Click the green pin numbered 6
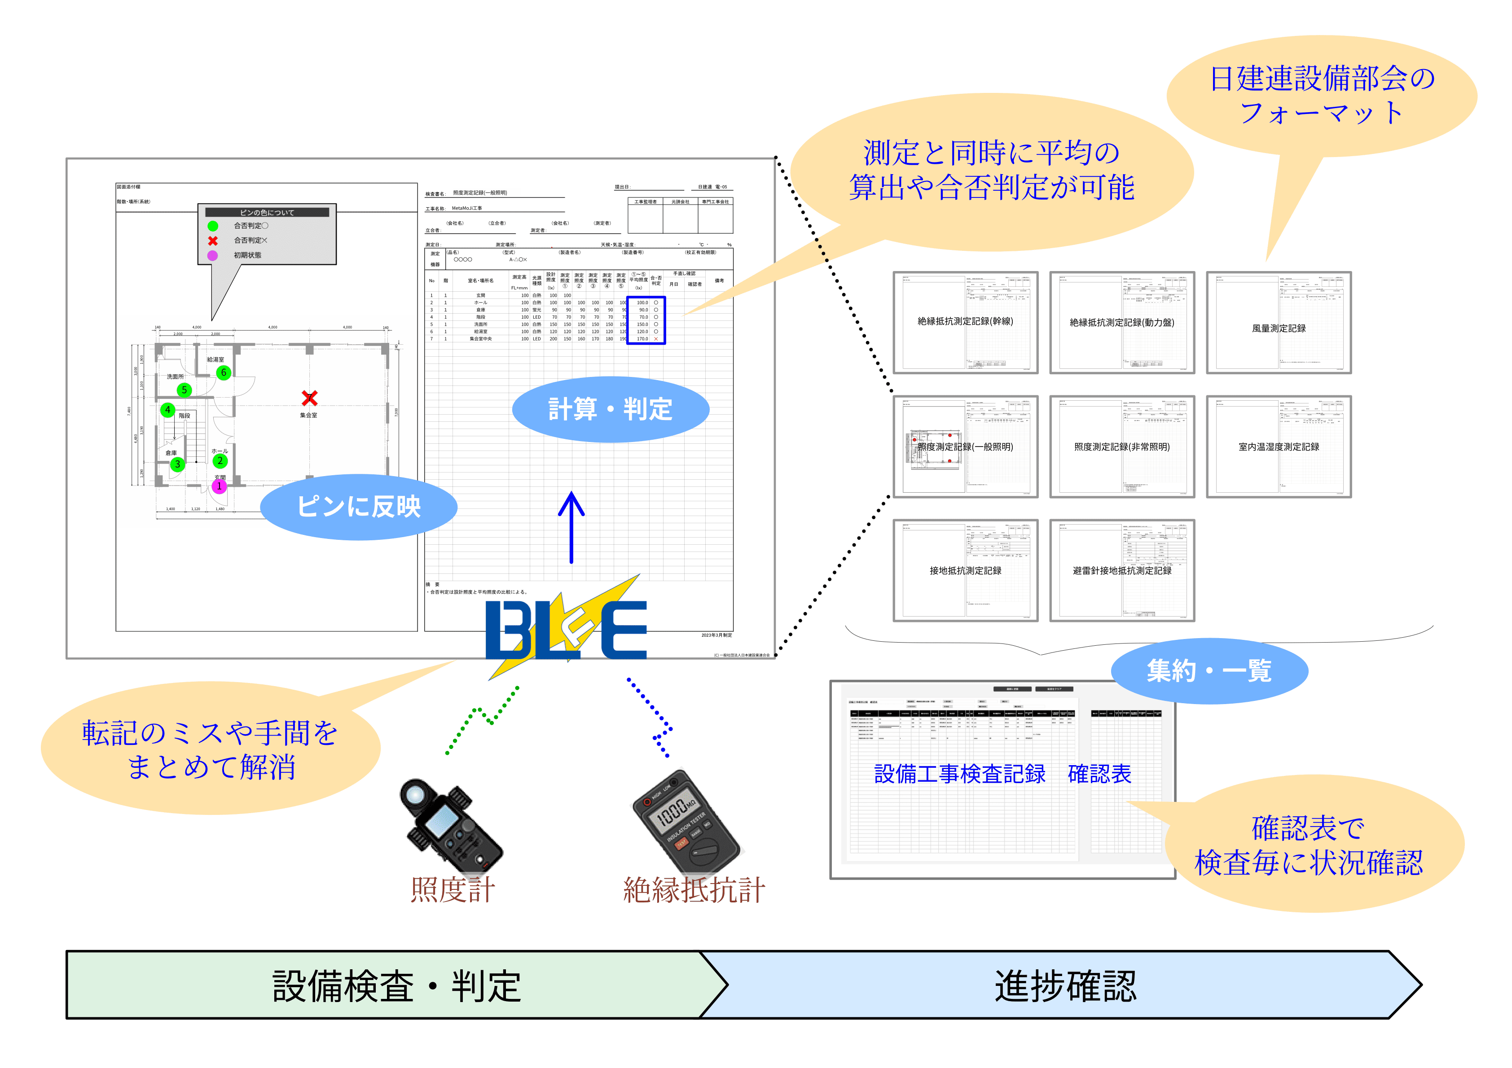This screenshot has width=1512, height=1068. pos(223,373)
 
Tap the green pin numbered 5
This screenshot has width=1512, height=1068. pos(185,390)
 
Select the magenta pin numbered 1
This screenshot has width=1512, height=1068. pos(219,486)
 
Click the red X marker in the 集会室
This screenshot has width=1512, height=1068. pos(309,398)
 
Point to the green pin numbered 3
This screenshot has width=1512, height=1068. pos(177,464)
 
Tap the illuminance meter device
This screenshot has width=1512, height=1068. pos(451,826)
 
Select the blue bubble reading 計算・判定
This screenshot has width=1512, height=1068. pos(611,409)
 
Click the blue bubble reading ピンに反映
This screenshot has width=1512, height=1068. pos(359,506)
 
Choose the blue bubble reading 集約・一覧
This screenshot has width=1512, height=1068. pos(1209,671)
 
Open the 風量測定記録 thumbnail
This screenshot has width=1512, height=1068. pos(1278,323)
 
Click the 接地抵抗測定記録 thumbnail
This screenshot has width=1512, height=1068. pos(965,570)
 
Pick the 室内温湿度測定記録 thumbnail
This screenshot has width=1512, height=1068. pos(1278,446)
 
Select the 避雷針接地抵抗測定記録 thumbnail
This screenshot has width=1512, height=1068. pos(1122,570)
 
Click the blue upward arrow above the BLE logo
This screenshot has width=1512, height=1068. pos(571,527)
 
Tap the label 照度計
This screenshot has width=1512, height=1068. pos(453,890)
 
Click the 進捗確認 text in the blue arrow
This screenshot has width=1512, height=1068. pos(1065,986)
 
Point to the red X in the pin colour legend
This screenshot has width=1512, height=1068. pos(213,241)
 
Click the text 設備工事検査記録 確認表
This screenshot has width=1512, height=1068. pos(1002,774)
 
